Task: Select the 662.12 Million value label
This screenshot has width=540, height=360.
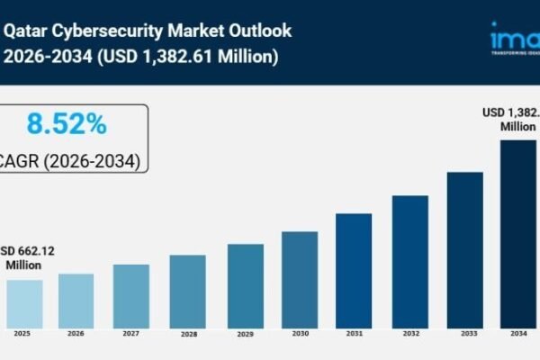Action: pyautogui.click(x=27, y=257)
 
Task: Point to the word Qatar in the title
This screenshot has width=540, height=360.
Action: pyautogui.click(x=27, y=31)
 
